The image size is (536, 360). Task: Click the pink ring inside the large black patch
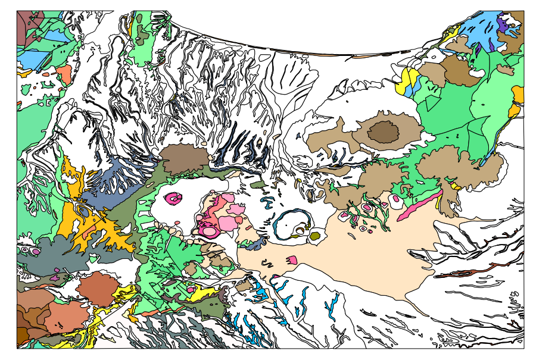174,199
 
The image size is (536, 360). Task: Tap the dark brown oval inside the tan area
383,132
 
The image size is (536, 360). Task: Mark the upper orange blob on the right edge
518,93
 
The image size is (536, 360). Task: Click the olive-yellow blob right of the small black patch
315,236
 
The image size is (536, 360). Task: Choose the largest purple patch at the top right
503,24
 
